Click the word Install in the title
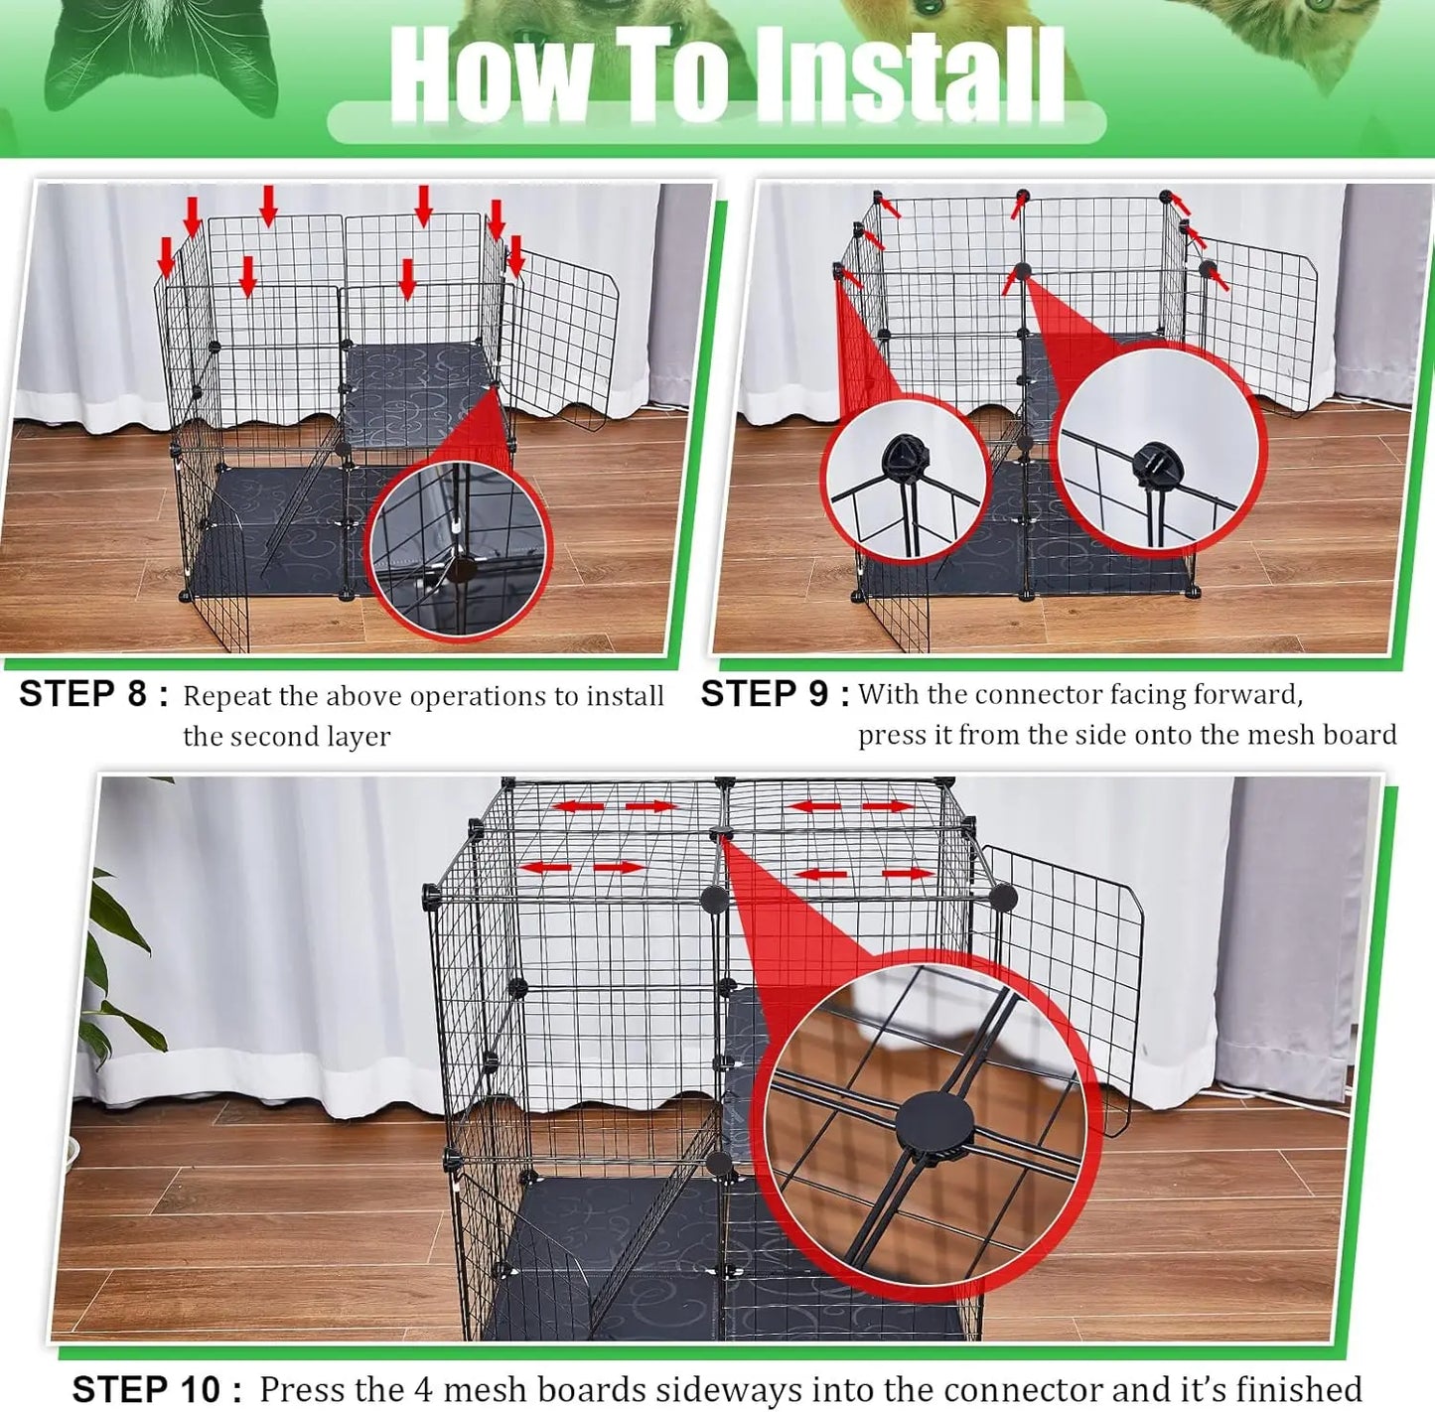910,75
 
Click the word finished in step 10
1293,1388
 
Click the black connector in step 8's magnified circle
461,568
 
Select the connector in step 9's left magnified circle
904,458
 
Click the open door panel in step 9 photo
1256,323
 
